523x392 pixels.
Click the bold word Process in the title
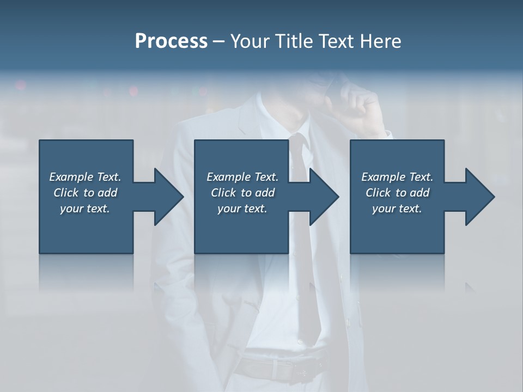pos(171,41)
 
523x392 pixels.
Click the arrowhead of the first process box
pos(166,197)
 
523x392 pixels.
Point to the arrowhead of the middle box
pos(322,197)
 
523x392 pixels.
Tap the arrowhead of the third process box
pos(478,197)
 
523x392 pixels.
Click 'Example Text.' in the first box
pos(85,177)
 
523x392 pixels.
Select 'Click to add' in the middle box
pos(242,193)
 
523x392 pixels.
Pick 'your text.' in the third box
pos(397,209)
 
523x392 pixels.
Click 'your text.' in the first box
pos(85,209)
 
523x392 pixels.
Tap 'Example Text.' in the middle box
pos(242,177)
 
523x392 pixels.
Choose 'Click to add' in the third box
pos(397,193)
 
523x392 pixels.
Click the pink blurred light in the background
pos(21,85)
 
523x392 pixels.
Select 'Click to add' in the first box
pos(85,193)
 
